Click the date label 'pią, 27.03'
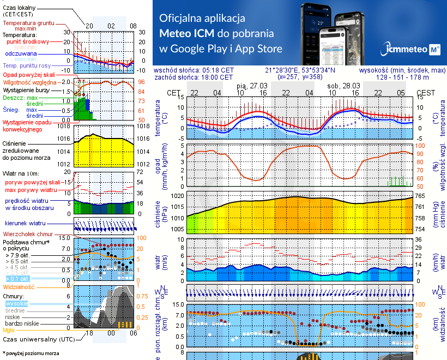tap(252, 86)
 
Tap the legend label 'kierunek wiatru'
tap(25, 224)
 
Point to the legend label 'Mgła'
tap(9, 330)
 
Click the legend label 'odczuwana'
tap(21, 53)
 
